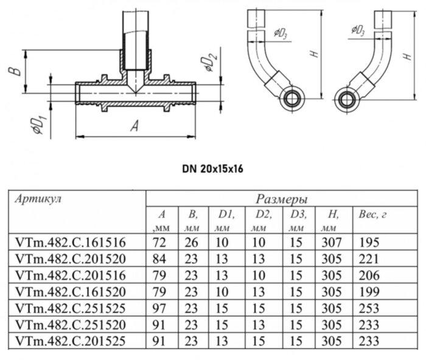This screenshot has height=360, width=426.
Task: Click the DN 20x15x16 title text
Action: tap(212, 168)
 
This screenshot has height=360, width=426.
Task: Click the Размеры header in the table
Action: tap(281, 199)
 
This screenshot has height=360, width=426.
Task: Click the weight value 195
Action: tap(369, 243)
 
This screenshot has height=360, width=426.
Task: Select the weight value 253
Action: tap(369, 308)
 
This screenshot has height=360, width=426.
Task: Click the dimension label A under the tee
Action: tap(135, 126)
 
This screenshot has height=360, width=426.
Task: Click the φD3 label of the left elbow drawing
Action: tap(281, 33)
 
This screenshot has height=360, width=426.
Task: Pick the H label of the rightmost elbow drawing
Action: tap(407, 55)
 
